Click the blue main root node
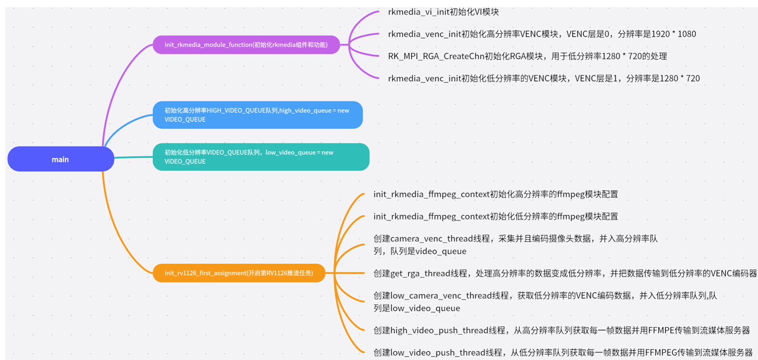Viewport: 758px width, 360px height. [61, 159]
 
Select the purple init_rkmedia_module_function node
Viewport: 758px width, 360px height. [246, 45]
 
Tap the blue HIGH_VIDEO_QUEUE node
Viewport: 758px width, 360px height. [257, 115]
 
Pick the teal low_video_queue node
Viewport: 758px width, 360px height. [261, 157]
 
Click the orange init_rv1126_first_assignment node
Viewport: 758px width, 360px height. [239, 273]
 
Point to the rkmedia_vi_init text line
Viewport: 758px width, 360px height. [443, 12]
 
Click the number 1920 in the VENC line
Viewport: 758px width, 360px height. [660, 34]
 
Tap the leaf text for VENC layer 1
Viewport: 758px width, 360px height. [544, 78]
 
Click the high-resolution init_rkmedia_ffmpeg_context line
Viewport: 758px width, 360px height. [495, 194]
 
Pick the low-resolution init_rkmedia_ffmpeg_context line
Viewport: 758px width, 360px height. [495, 216]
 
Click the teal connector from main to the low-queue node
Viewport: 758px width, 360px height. [133, 157]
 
